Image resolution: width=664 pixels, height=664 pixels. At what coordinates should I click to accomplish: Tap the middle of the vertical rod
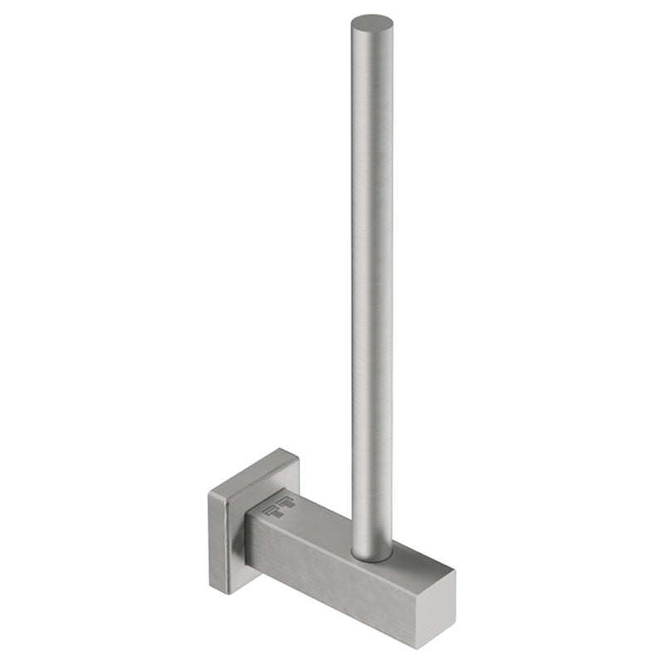[371, 282]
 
